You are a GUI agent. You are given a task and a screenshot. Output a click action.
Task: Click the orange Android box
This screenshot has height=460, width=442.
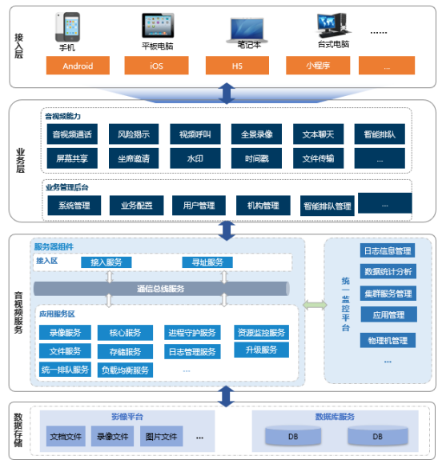(78, 66)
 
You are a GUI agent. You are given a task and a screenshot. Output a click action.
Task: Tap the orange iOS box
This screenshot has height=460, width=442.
(156, 66)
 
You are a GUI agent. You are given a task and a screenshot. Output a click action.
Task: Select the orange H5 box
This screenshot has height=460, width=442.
(237, 66)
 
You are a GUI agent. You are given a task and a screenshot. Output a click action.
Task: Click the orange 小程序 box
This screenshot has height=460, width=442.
(318, 66)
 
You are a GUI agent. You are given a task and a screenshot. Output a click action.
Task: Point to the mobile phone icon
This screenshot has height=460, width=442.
(67, 27)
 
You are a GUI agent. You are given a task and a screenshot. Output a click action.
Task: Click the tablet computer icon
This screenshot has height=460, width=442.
(158, 26)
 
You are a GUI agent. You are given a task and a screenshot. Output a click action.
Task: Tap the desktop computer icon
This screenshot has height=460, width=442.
(333, 25)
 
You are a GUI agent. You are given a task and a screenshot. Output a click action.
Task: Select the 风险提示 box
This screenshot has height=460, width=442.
(134, 134)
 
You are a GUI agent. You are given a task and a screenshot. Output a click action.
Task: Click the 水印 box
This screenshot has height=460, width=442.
(195, 158)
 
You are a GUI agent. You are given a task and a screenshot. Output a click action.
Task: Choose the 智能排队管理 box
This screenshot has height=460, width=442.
(327, 206)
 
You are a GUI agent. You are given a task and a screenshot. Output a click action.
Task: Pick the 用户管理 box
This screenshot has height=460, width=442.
(199, 206)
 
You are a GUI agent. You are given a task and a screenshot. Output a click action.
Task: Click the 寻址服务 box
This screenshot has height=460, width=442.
(207, 262)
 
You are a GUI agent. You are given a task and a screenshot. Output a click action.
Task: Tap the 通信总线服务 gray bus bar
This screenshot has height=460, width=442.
(162, 289)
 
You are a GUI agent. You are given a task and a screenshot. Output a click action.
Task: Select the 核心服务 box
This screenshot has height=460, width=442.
(125, 332)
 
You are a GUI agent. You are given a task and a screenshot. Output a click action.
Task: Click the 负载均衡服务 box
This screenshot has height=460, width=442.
(125, 370)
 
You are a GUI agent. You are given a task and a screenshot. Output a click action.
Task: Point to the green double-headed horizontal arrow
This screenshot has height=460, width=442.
(315, 305)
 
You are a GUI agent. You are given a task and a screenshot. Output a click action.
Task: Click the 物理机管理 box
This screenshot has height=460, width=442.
(388, 340)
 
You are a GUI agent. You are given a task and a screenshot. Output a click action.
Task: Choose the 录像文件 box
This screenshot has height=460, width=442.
(112, 436)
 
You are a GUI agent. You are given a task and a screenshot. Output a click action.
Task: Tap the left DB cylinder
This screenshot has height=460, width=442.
(293, 436)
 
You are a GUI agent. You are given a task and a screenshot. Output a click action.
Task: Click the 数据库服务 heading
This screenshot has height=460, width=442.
(335, 417)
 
